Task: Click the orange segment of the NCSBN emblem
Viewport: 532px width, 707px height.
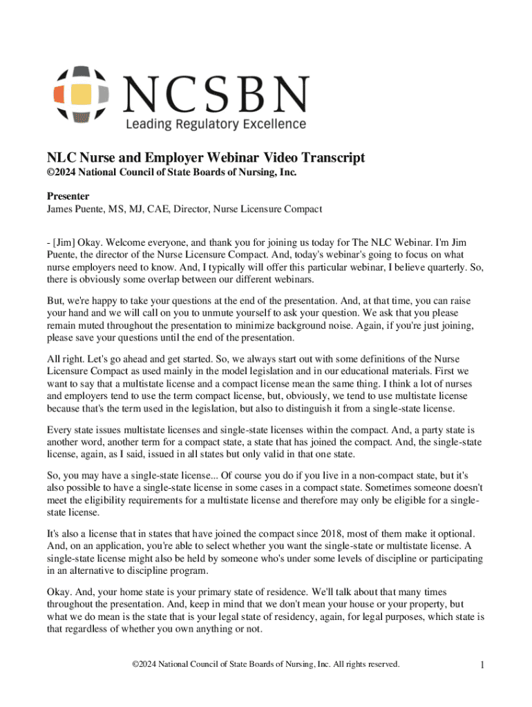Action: click(59, 94)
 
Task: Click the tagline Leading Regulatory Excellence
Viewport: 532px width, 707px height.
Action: click(215, 124)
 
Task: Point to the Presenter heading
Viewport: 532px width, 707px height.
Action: click(68, 196)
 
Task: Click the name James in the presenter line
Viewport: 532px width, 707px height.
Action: click(61, 209)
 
